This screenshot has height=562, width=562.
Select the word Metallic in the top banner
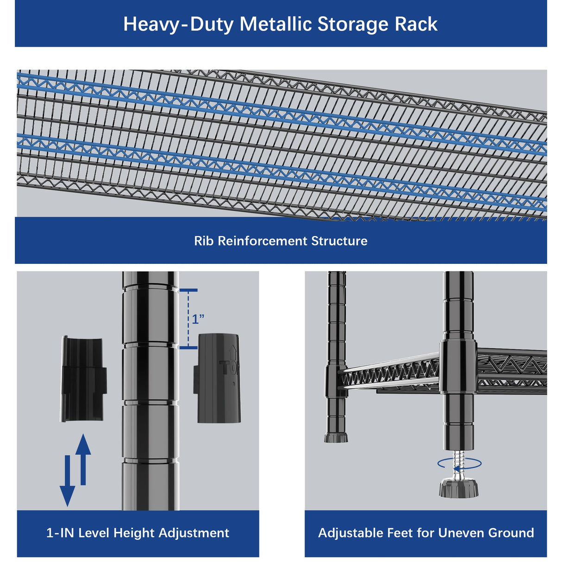(275, 25)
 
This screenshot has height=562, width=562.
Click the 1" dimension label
(198, 319)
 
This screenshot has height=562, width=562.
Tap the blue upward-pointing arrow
(83, 458)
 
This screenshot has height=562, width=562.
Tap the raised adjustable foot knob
(458, 488)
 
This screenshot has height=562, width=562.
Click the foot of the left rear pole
(336, 437)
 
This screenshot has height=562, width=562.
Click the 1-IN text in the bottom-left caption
(60, 533)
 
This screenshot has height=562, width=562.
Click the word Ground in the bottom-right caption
(511, 533)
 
